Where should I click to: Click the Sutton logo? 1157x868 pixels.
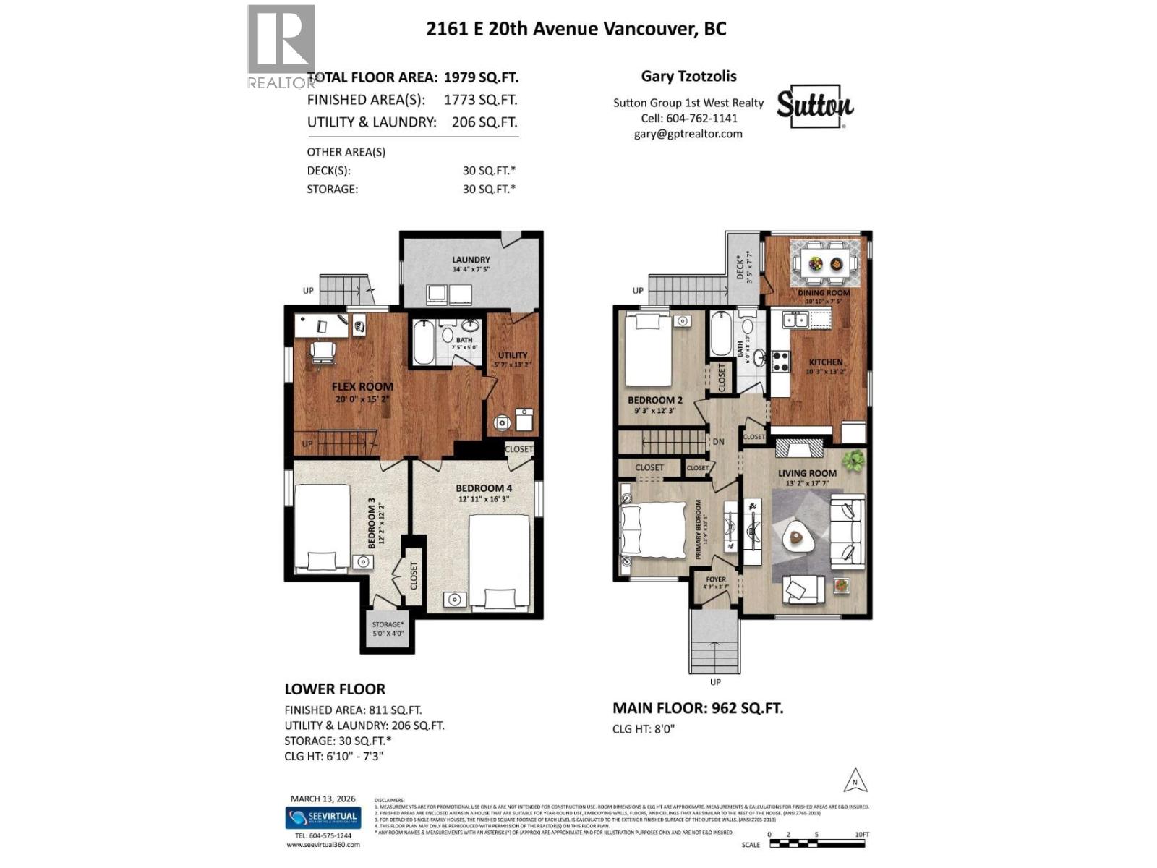[x=815, y=106]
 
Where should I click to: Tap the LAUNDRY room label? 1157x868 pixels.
[x=471, y=260]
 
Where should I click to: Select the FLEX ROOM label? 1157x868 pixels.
[x=362, y=387]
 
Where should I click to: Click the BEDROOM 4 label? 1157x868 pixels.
[x=483, y=488]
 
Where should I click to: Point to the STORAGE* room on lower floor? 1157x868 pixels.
[x=388, y=629]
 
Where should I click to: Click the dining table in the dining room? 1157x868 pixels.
[x=826, y=263]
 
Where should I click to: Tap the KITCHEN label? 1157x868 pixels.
[x=825, y=362]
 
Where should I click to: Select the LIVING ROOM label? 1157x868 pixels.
[x=807, y=473]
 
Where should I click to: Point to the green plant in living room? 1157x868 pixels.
[x=853, y=460]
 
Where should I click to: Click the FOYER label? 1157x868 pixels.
[x=715, y=579]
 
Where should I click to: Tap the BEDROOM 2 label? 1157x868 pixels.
[x=654, y=400]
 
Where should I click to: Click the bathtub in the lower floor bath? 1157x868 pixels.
[x=425, y=342]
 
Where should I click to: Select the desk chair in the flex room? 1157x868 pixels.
[x=323, y=352]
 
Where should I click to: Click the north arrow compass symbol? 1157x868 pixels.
[x=855, y=781]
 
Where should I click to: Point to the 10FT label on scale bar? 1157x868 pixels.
[x=861, y=834]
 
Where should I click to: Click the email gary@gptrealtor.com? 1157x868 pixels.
[x=688, y=134]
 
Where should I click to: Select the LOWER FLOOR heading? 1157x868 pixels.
[x=335, y=689]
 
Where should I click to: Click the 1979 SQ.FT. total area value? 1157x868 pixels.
[x=481, y=77]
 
